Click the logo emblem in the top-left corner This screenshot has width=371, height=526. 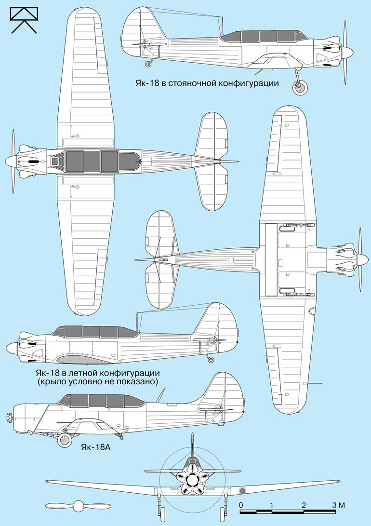[24, 20]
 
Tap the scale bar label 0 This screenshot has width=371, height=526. [241, 505]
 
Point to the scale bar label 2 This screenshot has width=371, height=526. [304, 505]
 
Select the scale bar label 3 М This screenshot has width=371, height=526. [338, 505]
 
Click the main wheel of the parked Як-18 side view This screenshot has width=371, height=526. [300, 88]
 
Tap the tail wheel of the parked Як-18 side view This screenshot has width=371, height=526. [148, 64]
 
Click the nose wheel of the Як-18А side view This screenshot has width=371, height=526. [65, 440]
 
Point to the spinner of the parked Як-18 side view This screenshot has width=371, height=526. [347, 53]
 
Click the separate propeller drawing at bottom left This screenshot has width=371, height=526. [78, 506]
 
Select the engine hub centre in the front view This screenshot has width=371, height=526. [192, 480]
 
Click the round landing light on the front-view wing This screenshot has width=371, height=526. [242, 491]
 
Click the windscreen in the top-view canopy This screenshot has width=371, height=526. [57, 162]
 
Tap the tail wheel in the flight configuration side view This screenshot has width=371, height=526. [211, 360]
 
